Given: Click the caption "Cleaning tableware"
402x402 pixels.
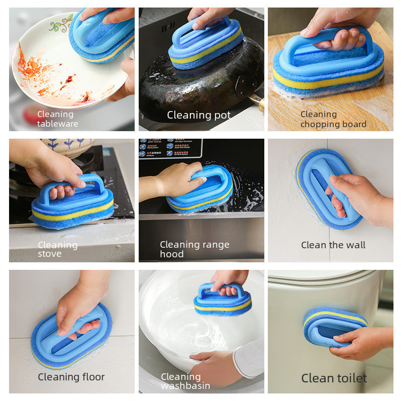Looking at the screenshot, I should pyautogui.click(x=57, y=119).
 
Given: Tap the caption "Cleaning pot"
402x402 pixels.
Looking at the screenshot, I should pyautogui.click(x=198, y=115).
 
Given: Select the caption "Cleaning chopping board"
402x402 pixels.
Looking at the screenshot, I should pyautogui.click(x=333, y=119).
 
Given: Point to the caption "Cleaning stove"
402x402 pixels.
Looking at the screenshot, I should pyautogui.click(x=57, y=249).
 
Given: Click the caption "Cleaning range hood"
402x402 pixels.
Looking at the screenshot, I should pyautogui.click(x=194, y=249).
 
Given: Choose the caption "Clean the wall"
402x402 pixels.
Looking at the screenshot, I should pyautogui.click(x=333, y=245).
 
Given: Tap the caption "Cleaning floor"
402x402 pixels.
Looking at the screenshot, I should pyautogui.click(x=71, y=377).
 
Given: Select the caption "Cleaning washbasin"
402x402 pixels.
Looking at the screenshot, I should pyautogui.click(x=185, y=381).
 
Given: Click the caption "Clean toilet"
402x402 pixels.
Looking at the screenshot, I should pyautogui.click(x=334, y=378).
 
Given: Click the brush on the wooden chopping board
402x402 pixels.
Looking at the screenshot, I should pyautogui.click(x=329, y=63).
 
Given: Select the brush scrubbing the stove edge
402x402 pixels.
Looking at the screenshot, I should pyautogui.click(x=73, y=204).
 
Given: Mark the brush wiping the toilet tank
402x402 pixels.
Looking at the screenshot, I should pyautogui.click(x=334, y=327).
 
